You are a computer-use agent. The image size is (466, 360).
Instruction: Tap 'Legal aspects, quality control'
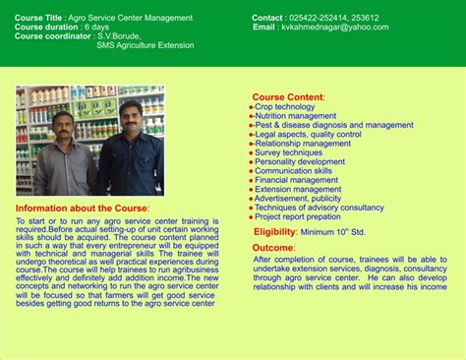pyautogui.click(x=308, y=134)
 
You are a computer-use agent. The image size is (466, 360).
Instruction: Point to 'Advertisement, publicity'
pyautogui.click(x=298, y=199)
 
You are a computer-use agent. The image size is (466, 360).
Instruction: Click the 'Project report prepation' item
pyautogui.click(x=300, y=216)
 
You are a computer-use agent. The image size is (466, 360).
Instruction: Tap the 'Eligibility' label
pyautogui.click(x=274, y=231)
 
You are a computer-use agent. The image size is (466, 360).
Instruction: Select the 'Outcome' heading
pyautogui.click(x=273, y=247)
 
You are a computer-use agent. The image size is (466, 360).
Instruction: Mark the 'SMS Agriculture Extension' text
pyautogui.click(x=146, y=44)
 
